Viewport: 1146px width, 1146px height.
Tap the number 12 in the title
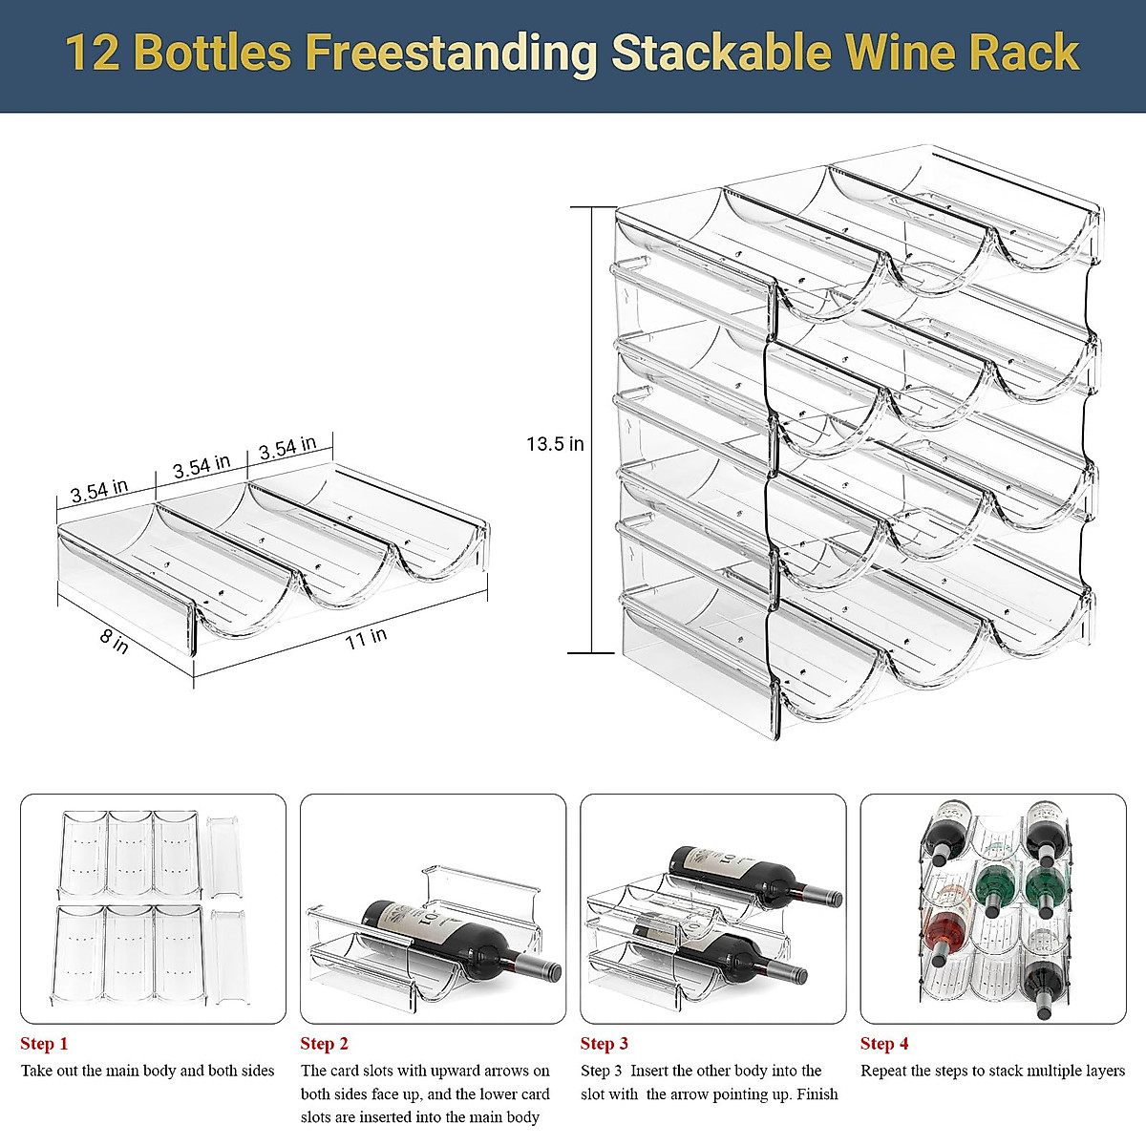click(x=93, y=53)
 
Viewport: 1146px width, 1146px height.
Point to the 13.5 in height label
click(x=555, y=444)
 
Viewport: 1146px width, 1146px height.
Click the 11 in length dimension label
click(x=366, y=637)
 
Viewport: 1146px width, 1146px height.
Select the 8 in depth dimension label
click(x=115, y=641)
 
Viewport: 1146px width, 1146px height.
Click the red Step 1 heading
click(x=44, y=1044)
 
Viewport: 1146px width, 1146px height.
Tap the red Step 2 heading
click(x=325, y=1044)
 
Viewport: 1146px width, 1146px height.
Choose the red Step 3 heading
click(x=605, y=1044)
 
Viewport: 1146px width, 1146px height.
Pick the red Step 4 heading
click(x=884, y=1044)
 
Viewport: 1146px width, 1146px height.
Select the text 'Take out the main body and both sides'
click(x=148, y=1071)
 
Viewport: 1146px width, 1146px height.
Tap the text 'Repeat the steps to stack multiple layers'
click(x=992, y=1071)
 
